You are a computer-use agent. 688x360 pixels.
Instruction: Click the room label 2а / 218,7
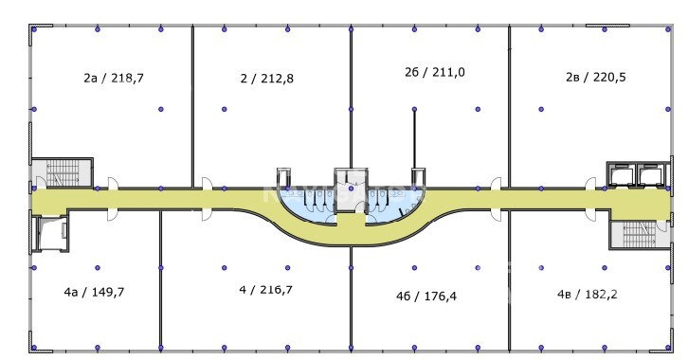coord(114,78)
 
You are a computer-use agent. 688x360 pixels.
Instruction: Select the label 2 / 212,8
coord(267,79)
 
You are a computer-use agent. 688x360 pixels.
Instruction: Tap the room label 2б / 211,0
coord(434,72)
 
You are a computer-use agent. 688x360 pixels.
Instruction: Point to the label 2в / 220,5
coord(595,77)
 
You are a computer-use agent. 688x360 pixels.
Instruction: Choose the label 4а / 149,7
coord(94,292)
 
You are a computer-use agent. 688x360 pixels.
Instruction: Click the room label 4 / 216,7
coord(266,290)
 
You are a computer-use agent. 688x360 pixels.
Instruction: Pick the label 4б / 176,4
coord(426,297)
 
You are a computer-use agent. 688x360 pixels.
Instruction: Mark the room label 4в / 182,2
coord(588,294)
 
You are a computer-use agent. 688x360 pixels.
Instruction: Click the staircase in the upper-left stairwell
coord(63,172)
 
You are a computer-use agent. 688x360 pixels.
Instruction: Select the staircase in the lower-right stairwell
coord(639,235)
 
